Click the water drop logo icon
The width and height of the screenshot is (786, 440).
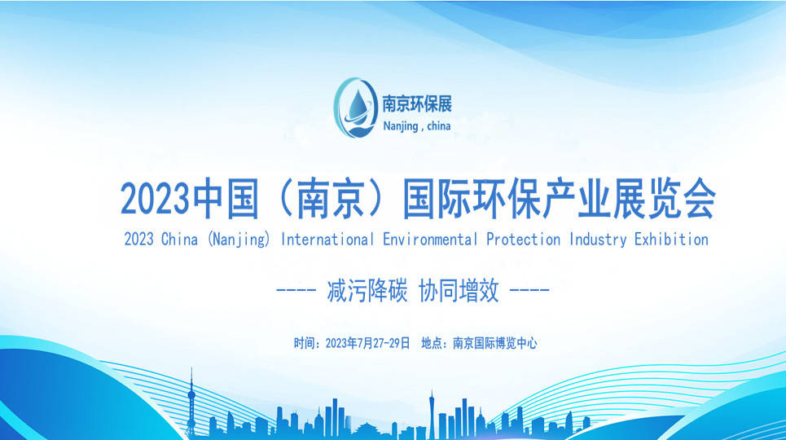(355, 108)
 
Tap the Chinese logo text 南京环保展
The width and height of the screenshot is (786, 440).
(417, 103)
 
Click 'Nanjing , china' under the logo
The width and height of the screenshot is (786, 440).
(416, 126)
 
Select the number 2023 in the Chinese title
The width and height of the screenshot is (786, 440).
(155, 199)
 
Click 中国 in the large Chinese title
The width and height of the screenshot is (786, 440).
(226, 199)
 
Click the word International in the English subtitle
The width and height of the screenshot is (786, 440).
(327, 240)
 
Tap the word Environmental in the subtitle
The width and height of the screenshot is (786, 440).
(430, 240)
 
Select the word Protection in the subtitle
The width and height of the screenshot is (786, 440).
(524, 240)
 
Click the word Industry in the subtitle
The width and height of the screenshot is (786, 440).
(598, 240)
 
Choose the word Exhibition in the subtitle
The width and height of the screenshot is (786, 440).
(672, 240)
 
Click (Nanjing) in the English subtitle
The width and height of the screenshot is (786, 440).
(239, 240)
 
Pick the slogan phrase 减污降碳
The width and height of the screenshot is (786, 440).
(367, 291)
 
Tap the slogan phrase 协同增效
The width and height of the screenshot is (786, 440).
(459, 291)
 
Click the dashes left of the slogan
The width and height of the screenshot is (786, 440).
(296, 290)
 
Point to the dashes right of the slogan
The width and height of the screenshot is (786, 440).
(529, 290)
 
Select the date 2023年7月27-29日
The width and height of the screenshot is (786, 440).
(367, 343)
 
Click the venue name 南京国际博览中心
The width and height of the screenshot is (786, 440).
(494, 343)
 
